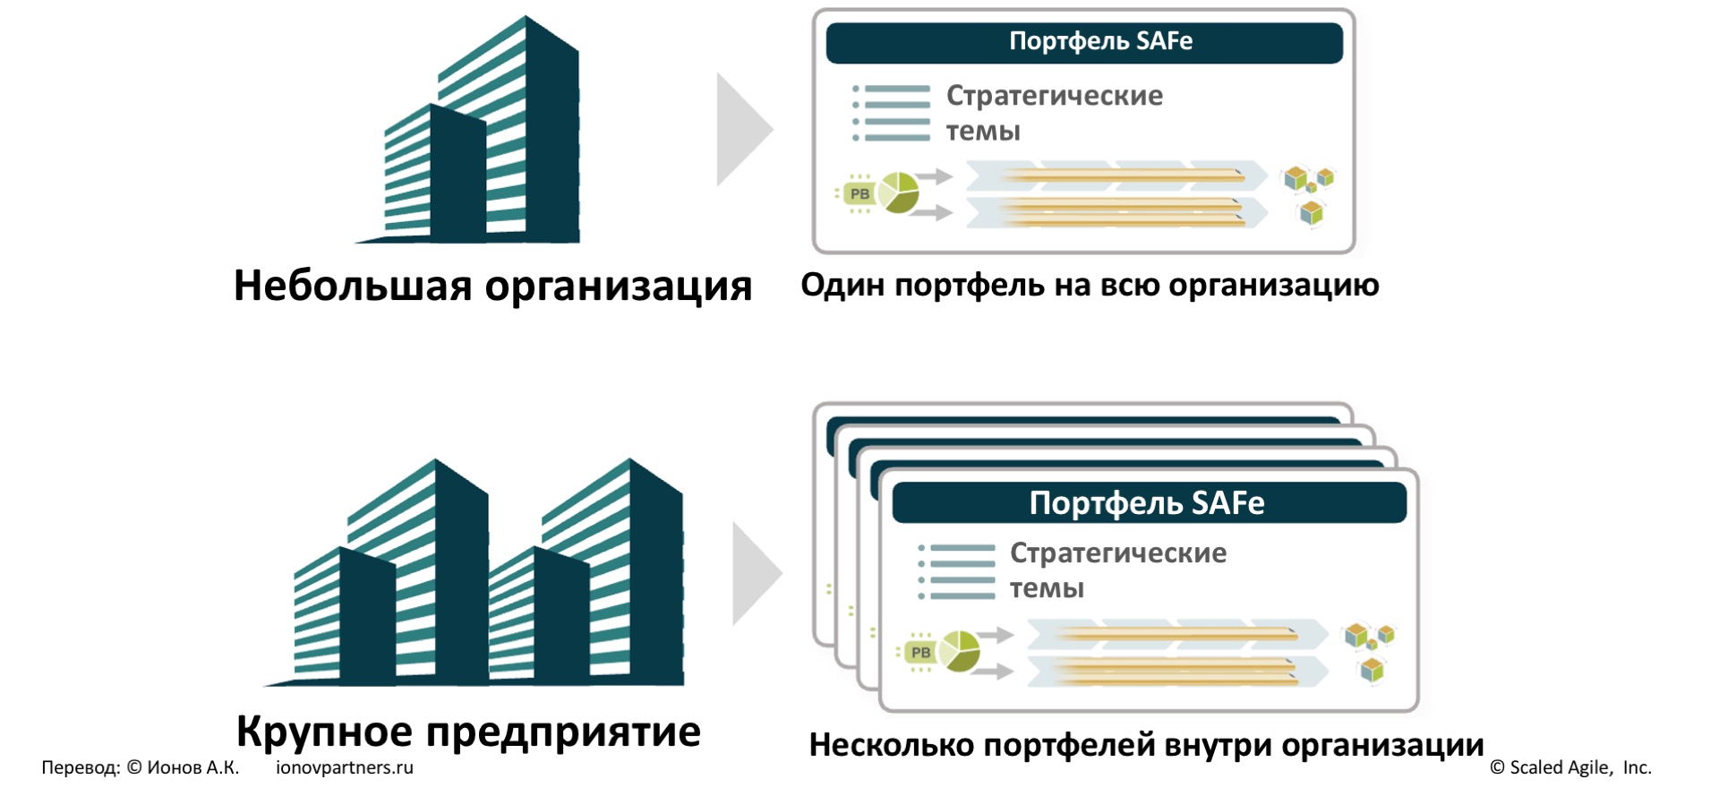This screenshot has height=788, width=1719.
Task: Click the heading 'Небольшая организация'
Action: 492,287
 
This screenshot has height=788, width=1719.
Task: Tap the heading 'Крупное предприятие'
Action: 468,732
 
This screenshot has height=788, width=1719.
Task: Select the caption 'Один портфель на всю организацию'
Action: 1090,285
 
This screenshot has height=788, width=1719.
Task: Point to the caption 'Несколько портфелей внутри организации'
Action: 1146,745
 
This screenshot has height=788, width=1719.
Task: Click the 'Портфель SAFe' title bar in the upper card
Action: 1083,42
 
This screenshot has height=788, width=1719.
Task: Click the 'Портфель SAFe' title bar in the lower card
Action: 1149,502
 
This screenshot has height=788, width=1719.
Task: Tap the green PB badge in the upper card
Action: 859,193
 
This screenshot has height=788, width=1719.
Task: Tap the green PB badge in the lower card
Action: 919,652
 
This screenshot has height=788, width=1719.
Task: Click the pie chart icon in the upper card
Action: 899,193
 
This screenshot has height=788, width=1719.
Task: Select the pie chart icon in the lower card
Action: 959,651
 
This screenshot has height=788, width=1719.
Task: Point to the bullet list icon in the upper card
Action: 892,114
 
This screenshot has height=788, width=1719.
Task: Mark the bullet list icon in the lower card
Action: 957,571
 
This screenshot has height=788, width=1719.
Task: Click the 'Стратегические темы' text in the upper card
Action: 1054,113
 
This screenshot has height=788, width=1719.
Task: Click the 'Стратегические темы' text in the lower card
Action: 1117,570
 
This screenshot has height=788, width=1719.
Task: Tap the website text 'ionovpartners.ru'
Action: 345,767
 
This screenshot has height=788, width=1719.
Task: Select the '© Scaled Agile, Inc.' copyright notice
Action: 1570,767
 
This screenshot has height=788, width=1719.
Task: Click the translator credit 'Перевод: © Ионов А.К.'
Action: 141,767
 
